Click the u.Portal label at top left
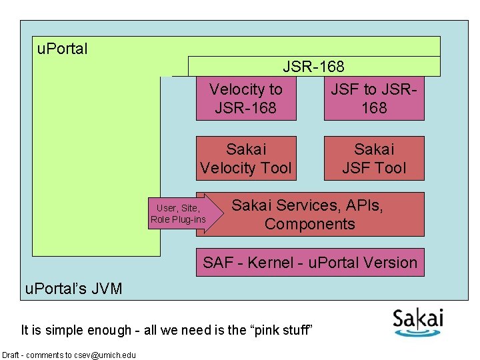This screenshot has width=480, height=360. click(x=63, y=49)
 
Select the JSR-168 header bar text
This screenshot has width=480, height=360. click(x=313, y=67)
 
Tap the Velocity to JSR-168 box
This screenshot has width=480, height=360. click(x=245, y=98)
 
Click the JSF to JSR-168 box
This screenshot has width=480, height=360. click(x=374, y=98)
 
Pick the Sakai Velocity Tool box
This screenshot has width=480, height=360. click(x=245, y=158)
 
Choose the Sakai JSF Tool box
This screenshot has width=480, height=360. click(x=374, y=158)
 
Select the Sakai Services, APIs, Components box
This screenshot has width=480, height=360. click(x=310, y=214)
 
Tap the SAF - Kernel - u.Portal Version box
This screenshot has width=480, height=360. click(x=310, y=263)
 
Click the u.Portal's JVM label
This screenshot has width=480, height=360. click(x=73, y=288)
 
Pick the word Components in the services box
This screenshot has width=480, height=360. click(x=310, y=224)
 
